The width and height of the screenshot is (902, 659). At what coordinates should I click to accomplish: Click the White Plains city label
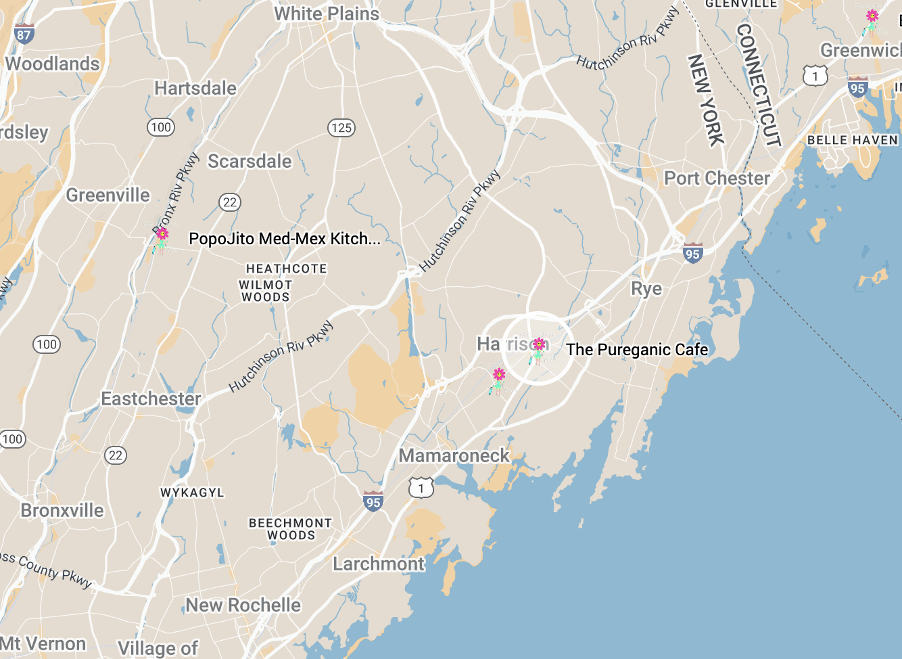coord(327,14)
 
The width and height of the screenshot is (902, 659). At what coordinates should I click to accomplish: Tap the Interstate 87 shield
coord(24,35)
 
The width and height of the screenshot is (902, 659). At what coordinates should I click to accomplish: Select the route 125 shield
coord(341,128)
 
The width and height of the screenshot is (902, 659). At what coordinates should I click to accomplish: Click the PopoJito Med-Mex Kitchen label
coord(284,239)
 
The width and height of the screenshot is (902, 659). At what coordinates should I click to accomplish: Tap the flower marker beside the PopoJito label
coord(162,236)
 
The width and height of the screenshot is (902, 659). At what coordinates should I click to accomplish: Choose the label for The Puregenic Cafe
coord(637,350)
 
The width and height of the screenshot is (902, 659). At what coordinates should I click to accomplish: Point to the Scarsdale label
coord(250,161)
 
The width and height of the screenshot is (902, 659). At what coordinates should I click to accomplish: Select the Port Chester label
coord(717,179)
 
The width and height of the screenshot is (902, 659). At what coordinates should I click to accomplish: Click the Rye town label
coord(646,289)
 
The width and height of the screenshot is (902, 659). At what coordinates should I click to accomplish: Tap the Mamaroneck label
coord(454,456)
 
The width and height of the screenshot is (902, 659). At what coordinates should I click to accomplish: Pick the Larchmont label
coord(379,564)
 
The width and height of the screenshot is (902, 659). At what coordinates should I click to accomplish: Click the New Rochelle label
coord(243,605)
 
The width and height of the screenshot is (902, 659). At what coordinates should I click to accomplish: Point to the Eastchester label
coord(151,399)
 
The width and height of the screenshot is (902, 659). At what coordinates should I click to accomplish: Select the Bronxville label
coord(62,510)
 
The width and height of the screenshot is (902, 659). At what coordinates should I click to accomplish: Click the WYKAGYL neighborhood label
coord(192,493)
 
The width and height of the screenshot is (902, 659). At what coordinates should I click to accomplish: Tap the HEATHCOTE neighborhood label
coord(286,269)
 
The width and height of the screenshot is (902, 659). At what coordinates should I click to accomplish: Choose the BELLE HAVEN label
coord(852,140)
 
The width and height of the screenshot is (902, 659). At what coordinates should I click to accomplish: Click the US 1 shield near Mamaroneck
coord(421,488)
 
